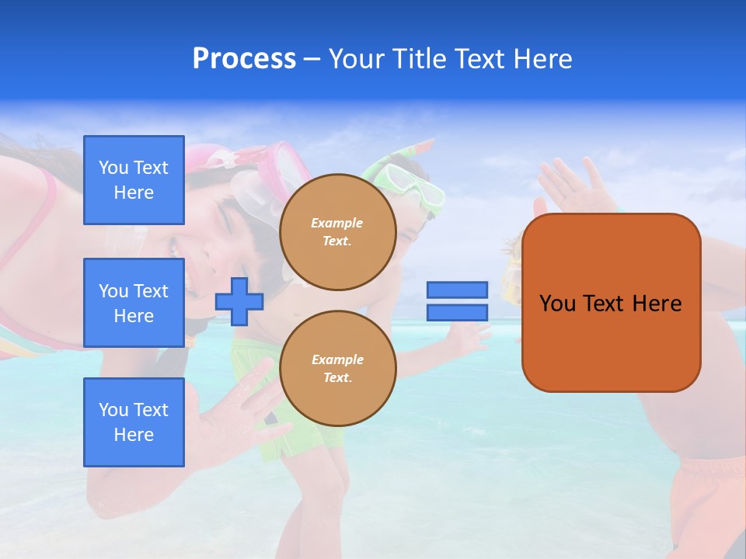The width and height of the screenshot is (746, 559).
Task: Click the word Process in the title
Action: [x=244, y=59]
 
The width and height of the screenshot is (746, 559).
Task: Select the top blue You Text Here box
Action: [x=134, y=180]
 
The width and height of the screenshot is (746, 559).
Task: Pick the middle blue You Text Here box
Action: [x=134, y=303]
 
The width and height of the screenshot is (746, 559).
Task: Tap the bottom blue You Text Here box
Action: [x=134, y=422]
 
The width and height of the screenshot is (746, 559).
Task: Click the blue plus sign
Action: [x=239, y=302]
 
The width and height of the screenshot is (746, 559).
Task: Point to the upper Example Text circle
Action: [x=338, y=231]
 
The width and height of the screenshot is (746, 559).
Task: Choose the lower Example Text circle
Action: [x=338, y=368]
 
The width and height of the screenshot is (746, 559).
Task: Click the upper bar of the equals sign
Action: [x=457, y=290]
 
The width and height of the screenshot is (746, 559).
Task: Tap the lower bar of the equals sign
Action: [x=457, y=312]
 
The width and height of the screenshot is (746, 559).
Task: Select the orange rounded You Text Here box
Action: [x=611, y=303]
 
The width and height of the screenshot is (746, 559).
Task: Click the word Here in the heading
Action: [x=542, y=59]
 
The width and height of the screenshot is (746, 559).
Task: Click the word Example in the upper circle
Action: [x=336, y=223]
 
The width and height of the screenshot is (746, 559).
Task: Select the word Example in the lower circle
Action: [x=336, y=359]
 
